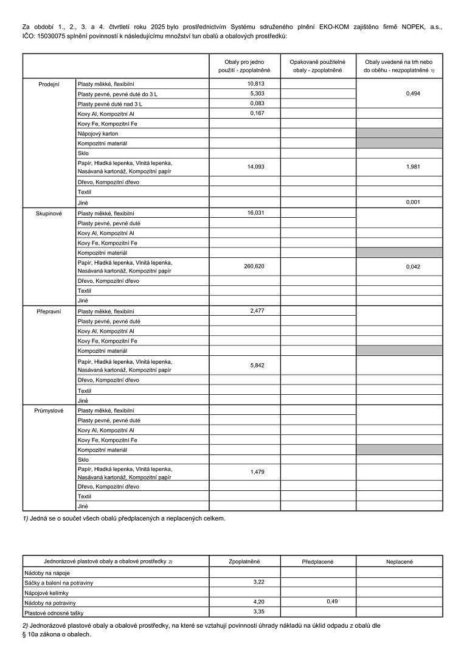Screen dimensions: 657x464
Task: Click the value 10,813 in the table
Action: [256, 83]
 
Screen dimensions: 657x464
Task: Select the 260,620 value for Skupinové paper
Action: [254, 266]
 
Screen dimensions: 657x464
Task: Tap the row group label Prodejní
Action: [49, 84]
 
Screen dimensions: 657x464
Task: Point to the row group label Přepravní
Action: [49, 311]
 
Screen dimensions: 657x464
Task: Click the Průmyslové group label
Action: [49, 411]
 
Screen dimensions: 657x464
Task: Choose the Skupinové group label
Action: [49, 214]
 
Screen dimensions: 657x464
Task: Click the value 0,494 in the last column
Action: [414, 94]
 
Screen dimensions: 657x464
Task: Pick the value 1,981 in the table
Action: [414, 167]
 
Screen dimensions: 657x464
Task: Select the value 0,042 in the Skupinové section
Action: [414, 266]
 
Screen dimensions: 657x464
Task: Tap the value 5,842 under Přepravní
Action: [257, 366]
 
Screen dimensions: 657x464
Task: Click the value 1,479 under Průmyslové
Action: [257, 472]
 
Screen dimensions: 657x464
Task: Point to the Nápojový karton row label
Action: [98, 133]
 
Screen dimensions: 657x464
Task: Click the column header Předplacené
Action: [318, 561]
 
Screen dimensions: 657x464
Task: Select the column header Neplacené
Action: [400, 561]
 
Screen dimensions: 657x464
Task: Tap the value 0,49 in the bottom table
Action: [332, 602]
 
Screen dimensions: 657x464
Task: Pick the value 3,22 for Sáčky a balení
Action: [258, 582]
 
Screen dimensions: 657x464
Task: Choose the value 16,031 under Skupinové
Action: [256, 213]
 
